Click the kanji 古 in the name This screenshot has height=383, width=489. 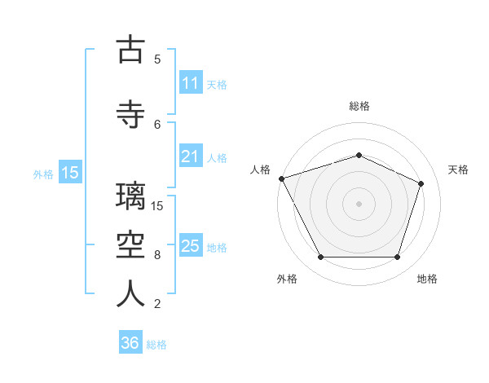point(130,49)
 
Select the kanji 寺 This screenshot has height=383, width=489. point(130,114)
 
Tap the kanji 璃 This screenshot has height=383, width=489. point(130,196)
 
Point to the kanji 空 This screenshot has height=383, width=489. point(130,244)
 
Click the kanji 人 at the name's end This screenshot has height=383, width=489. point(130,293)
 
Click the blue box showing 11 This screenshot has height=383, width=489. point(191,82)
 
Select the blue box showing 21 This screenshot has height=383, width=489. point(191,156)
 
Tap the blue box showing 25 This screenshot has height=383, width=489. point(191,244)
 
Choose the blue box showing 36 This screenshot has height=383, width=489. point(130,341)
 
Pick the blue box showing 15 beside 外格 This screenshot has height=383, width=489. point(70,172)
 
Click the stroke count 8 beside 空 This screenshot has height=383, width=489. point(157,255)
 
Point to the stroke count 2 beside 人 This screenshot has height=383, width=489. point(157,304)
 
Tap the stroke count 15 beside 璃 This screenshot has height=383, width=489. point(156,206)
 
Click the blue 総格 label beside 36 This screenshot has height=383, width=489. point(156,345)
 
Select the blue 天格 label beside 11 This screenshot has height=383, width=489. point(217,85)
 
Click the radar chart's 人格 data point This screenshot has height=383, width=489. point(282,178)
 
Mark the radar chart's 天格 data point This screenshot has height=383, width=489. point(421,183)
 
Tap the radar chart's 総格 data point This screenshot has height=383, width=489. point(359,155)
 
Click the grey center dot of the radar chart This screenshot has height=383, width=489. point(359,204)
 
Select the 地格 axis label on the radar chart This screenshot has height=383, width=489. point(427,279)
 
